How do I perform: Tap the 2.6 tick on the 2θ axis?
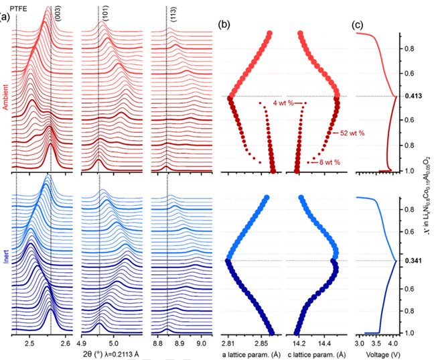point(66,343)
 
